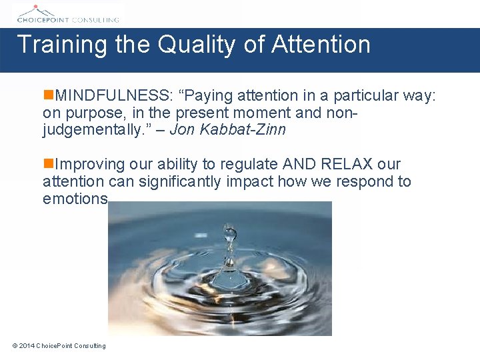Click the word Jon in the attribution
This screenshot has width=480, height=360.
tap(180, 129)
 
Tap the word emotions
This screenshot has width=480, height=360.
tap(75, 199)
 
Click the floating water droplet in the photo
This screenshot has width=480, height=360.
tap(231, 233)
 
